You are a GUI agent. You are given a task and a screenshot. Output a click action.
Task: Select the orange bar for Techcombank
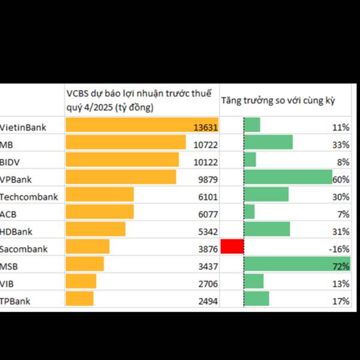click(x=100, y=195)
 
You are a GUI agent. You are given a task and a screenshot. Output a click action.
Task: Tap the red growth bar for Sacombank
click(x=232, y=247)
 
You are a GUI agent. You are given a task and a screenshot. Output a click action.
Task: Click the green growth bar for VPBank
click(x=288, y=178)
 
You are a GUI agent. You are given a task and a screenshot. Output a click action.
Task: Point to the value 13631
click(x=205, y=127)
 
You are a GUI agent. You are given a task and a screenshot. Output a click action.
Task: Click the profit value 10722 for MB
click(x=205, y=145)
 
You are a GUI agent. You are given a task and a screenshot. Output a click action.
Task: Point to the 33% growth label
click(x=341, y=145)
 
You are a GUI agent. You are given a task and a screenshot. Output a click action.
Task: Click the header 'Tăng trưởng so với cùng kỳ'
click(x=277, y=100)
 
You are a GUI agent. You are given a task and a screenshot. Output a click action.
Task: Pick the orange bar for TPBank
click(x=79, y=299)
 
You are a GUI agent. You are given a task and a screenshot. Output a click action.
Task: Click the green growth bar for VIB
click(x=254, y=281)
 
